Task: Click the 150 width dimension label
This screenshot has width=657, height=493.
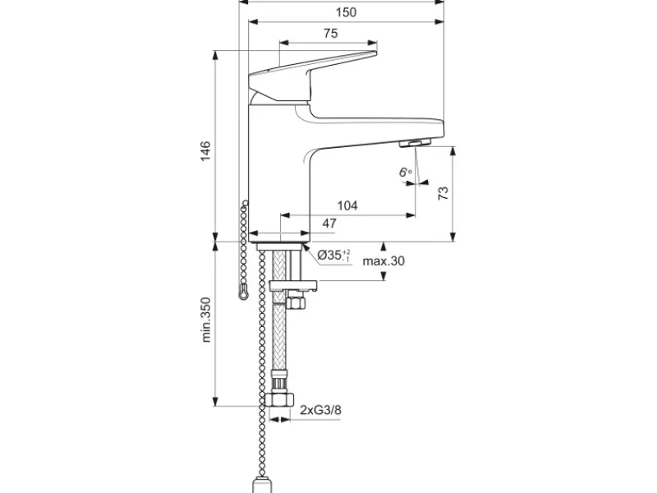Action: click(x=346, y=12)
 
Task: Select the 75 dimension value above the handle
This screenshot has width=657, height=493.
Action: click(x=331, y=33)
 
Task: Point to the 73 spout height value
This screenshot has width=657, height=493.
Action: click(x=443, y=193)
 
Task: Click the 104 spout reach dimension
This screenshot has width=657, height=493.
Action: click(x=347, y=205)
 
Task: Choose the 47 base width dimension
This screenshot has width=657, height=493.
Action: click(x=329, y=223)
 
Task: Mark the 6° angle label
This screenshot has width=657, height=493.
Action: click(x=405, y=172)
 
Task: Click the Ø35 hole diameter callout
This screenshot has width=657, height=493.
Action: click(x=333, y=255)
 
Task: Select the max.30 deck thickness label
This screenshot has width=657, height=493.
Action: click(x=384, y=260)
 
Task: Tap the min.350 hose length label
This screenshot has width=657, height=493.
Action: click(x=206, y=320)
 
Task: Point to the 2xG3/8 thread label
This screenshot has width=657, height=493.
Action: click(x=320, y=409)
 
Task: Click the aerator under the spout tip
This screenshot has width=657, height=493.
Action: click(x=415, y=143)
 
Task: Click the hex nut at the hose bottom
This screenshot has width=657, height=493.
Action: click(x=280, y=399)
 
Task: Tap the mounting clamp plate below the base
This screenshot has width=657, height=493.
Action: click(x=293, y=286)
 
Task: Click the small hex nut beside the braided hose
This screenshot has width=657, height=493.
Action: click(x=296, y=302)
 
